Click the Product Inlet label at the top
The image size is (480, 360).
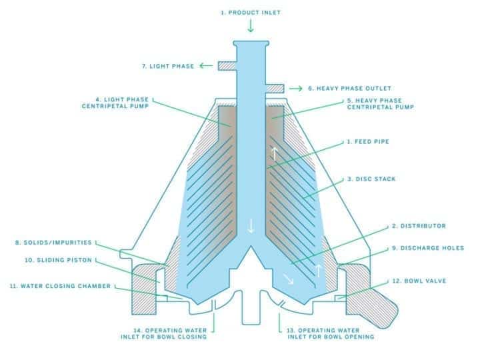pyautogui.click(x=250, y=12)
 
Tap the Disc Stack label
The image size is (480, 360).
pyautogui.click(x=367, y=179)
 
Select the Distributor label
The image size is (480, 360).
pyautogui.click(x=418, y=226)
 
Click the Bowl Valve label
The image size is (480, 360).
pyautogui.click(x=423, y=280)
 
